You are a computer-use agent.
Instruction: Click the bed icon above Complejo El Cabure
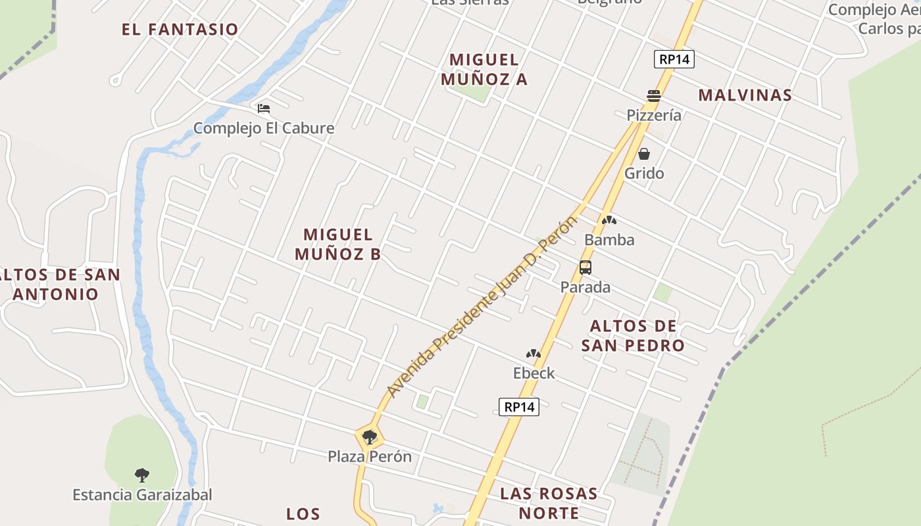tap(264, 108)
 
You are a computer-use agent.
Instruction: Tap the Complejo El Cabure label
tap(264, 128)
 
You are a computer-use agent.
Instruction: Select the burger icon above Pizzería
tap(653, 96)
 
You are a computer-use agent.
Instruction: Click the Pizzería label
tap(653, 115)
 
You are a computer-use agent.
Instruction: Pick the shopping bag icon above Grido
tap(644, 155)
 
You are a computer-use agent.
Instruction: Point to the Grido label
tap(644, 174)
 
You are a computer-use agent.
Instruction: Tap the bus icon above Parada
tap(585, 268)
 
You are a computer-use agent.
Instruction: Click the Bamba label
tap(609, 240)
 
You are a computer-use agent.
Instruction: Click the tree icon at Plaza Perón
tap(370, 437)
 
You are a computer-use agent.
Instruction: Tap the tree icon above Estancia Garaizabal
tap(142, 475)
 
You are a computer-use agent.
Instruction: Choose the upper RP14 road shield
tap(675, 59)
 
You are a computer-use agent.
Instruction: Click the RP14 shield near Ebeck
tap(519, 407)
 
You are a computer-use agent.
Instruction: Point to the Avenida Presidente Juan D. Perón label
tap(481, 307)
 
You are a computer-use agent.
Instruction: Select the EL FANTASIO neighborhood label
tap(180, 30)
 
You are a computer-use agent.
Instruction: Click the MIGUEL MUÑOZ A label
tap(484, 70)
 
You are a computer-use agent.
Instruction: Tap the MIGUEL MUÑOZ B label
tap(338, 244)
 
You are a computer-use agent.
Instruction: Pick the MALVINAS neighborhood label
tap(745, 95)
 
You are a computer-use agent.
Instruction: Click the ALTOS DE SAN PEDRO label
tap(633, 335)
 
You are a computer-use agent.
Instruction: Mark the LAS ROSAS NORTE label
tap(549, 503)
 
